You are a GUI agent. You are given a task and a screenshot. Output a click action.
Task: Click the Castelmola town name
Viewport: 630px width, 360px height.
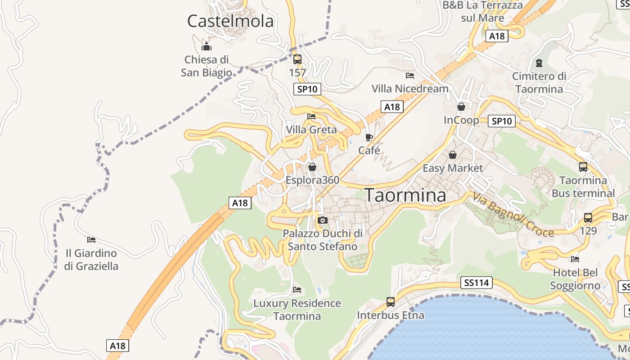(230, 21)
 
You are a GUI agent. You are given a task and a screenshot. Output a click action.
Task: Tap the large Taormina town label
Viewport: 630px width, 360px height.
(405, 195)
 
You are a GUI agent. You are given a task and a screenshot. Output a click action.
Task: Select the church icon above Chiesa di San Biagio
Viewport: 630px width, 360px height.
(207, 46)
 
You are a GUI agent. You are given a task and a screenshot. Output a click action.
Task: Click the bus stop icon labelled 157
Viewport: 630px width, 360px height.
(297, 59)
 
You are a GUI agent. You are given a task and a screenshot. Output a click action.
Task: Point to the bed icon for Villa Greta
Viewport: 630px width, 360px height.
(311, 117)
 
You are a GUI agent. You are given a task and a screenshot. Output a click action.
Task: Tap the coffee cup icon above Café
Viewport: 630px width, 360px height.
(369, 137)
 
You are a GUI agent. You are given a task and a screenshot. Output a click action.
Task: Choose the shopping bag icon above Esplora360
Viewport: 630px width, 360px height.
(312, 167)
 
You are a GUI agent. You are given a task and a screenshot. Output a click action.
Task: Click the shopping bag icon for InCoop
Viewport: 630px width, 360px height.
(461, 107)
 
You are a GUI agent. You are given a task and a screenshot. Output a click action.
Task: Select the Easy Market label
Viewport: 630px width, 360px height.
(453, 168)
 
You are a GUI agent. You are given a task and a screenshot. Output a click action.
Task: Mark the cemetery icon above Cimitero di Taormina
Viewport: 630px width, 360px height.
(539, 63)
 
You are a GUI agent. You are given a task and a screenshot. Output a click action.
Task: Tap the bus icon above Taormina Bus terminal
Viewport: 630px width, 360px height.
(583, 167)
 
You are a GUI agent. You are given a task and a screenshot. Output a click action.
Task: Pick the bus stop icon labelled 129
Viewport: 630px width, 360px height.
(588, 218)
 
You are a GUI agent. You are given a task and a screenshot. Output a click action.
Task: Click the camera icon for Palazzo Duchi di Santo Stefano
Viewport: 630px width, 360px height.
(322, 220)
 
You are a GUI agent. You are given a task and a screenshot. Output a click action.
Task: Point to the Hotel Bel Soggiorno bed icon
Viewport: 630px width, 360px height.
(575, 259)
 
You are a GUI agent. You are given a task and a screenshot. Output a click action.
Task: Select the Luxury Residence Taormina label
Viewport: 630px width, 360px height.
(297, 310)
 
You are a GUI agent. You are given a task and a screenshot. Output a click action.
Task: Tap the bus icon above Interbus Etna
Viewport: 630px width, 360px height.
(391, 302)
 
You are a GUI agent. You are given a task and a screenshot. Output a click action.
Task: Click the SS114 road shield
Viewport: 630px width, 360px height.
(477, 283)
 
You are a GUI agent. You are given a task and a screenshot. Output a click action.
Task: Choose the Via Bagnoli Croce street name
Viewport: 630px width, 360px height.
(513, 214)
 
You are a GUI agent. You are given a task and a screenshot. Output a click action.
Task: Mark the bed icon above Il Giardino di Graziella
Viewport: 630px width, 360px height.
(91, 240)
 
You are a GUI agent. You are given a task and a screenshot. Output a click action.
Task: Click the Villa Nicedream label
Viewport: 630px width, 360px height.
(410, 89)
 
